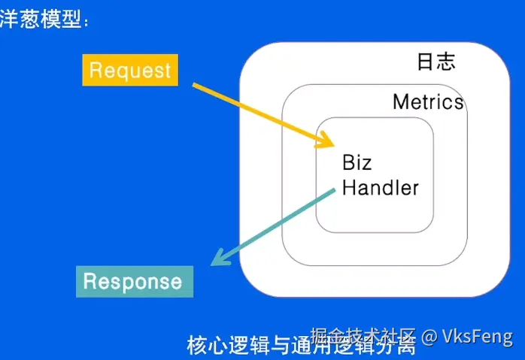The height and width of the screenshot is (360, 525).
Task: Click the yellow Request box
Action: coord(130,71)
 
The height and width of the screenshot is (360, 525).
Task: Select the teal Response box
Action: coord(135,281)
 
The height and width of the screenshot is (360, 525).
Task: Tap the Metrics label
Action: coord(428,101)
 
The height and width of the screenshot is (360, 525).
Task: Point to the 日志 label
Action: coord(436,62)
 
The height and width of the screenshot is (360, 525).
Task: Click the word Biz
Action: coord(357,163)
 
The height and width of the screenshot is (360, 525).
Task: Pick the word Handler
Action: coord(380,187)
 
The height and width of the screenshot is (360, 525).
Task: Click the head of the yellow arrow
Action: coord(328,143)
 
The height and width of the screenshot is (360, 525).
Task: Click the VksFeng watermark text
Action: coord(477,336)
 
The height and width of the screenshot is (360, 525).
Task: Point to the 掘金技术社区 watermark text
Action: coord(363,336)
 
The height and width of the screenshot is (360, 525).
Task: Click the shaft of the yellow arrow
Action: coord(256,111)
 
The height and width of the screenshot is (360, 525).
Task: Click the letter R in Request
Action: coord(96,71)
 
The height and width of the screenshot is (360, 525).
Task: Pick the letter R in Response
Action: coord(90,281)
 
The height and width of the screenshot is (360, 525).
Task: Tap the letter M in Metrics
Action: coord(402,101)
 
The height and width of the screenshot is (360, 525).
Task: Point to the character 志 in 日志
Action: coord(446,62)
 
